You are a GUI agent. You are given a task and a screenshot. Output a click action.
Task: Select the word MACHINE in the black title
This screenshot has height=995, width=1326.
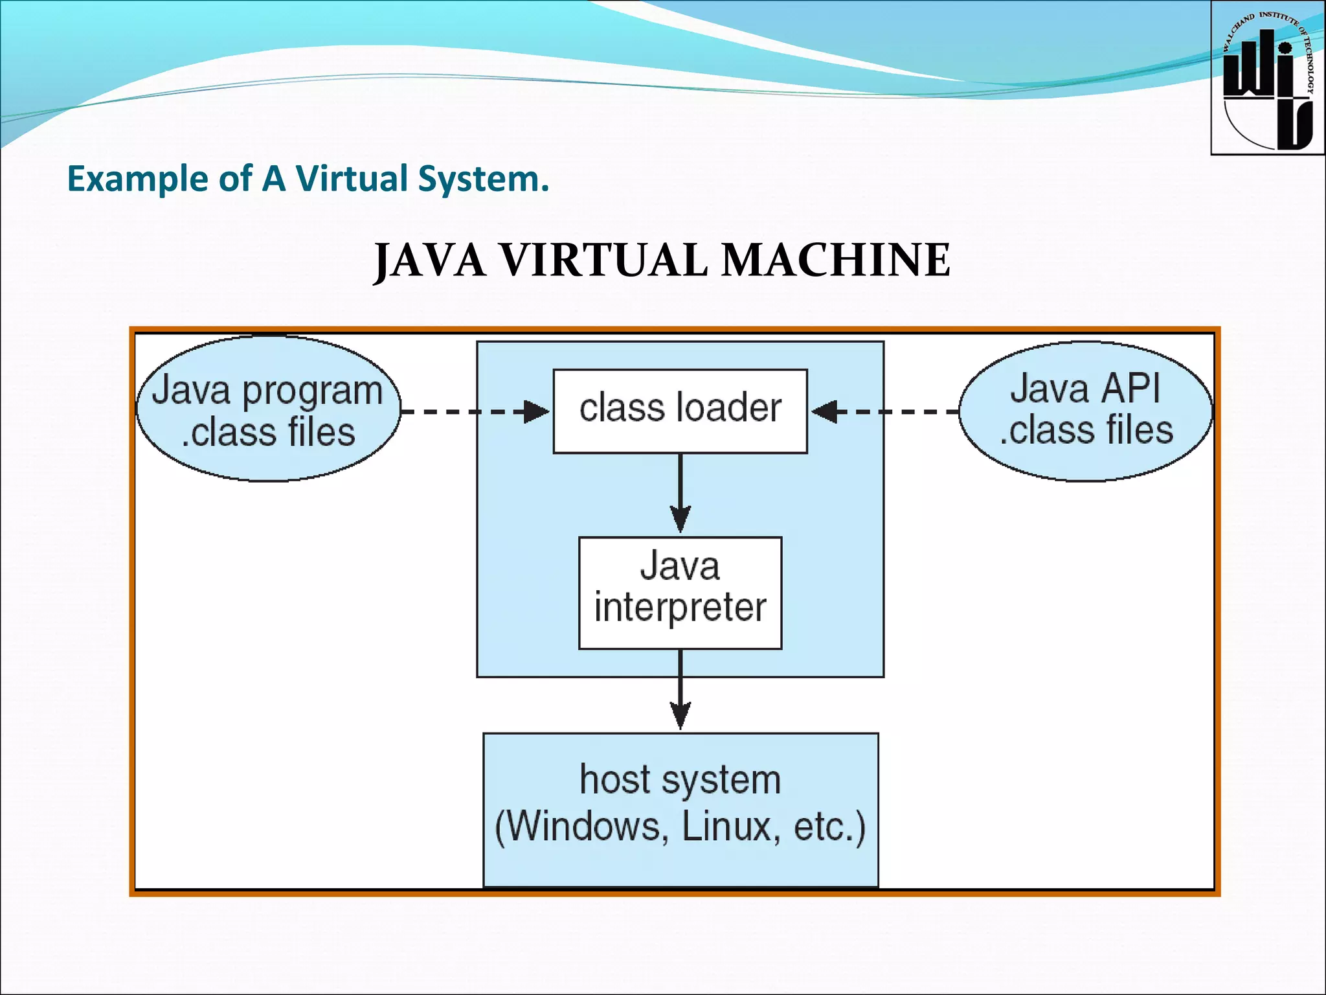(835, 260)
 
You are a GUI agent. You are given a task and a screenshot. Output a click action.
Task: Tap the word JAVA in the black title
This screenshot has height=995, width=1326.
(430, 260)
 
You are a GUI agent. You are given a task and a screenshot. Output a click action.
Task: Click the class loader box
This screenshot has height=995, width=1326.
(680, 411)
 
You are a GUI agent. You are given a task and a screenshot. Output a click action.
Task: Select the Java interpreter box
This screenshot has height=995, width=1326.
(680, 592)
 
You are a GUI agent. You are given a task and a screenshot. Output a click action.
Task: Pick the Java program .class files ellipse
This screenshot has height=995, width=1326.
(268, 409)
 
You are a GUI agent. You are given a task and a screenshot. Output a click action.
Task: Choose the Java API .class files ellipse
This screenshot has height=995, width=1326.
(1085, 411)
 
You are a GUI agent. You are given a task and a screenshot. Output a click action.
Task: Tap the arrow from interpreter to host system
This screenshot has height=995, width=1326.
(680, 691)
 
